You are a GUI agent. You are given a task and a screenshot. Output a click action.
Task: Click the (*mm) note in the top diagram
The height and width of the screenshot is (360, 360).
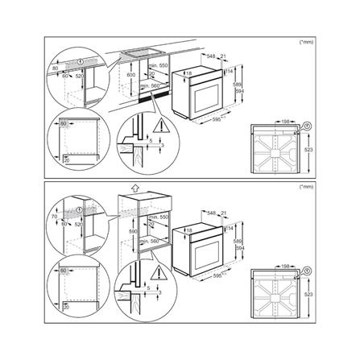(304, 40)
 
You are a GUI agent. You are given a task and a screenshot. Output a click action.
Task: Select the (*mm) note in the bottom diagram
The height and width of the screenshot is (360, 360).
(304, 187)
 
